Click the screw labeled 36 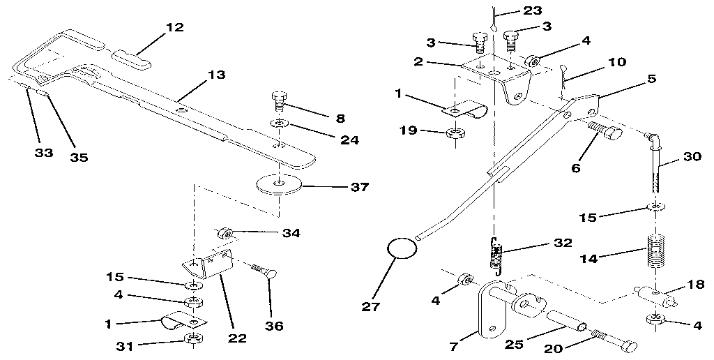260,269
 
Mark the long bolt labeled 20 614,342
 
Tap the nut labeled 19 455,133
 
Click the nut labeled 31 194,340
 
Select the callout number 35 79,157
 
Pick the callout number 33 43,153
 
